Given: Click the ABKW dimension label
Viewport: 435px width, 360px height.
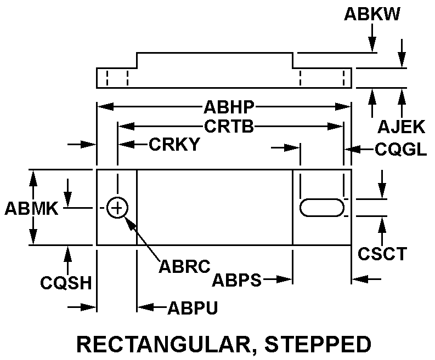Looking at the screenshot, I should [x=372, y=14].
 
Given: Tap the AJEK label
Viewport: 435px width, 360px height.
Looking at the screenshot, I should [x=401, y=127].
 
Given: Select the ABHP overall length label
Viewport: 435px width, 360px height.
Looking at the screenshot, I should [x=223, y=106].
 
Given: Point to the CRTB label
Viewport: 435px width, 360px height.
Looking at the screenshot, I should [x=229, y=127].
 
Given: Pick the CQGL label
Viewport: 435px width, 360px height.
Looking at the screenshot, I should [x=400, y=149].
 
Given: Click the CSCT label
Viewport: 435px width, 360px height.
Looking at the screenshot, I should [x=382, y=254].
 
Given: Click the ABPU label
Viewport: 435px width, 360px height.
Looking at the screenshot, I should [x=193, y=308].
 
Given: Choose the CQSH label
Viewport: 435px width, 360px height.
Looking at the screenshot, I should [x=65, y=283].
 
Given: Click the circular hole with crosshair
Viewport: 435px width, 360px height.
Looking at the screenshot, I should [x=117, y=208].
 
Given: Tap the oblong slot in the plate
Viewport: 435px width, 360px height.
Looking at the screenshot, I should [x=322, y=208].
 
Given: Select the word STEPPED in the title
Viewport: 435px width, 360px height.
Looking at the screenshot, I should [x=318, y=344].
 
